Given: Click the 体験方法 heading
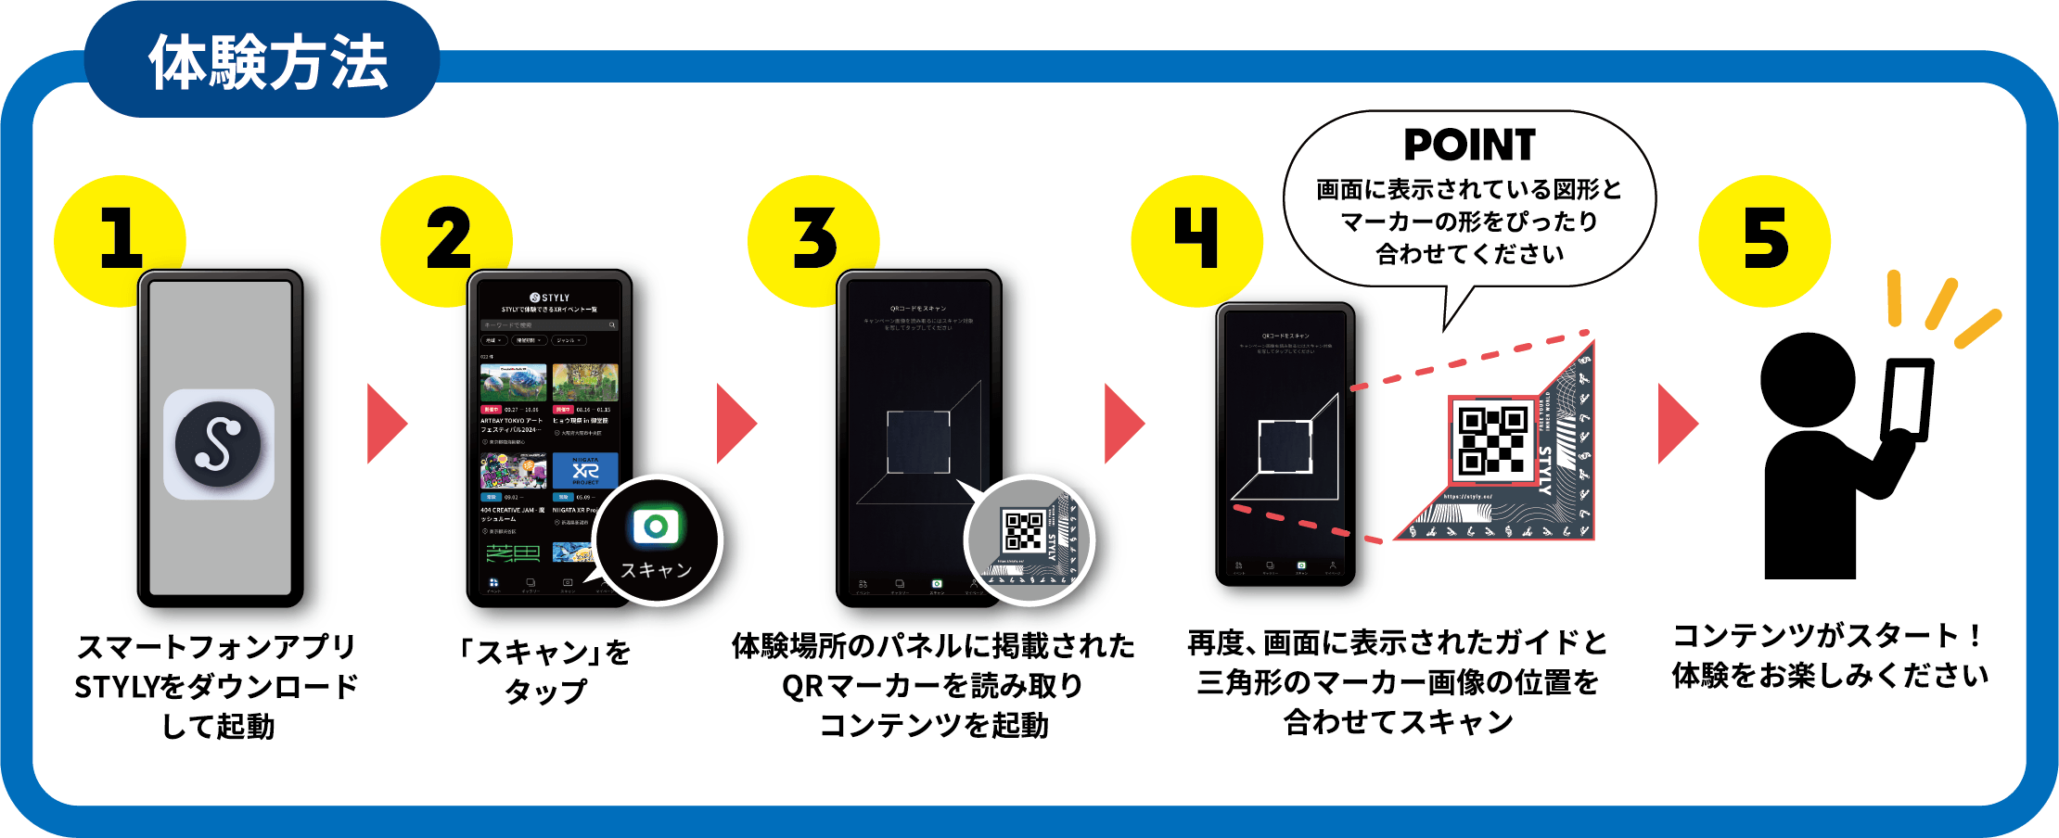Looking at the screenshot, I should pyautogui.click(x=267, y=63).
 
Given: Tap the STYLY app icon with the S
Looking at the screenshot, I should pyautogui.click(x=219, y=444).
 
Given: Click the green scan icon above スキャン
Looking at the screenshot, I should pyautogui.click(x=656, y=527).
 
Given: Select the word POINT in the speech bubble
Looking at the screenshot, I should pyautogui.click(x=1469, y=146).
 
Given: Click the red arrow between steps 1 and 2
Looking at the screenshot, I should pyautogui.click(x=386, y=424).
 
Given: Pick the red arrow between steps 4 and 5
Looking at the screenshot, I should pyautogui.click(x=1677, y=424).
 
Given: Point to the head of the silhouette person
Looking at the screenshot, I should pyautogui.click(x=1807, y=380).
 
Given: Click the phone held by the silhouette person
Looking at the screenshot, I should pyautogui.click(x=1908, y=399).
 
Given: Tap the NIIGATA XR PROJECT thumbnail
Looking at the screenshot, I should pyautogui.click(x=585, y=471).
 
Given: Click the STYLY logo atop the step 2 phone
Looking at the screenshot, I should pyautogui.click(x=550, y=298).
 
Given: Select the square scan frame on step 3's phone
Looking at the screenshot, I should pyautogui.click(x=918, y=442).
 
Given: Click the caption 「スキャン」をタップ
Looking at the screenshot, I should pyautogui.click(x=545, y=671).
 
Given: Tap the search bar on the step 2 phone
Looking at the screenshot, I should pyautogui.click(x=549, y=325).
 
